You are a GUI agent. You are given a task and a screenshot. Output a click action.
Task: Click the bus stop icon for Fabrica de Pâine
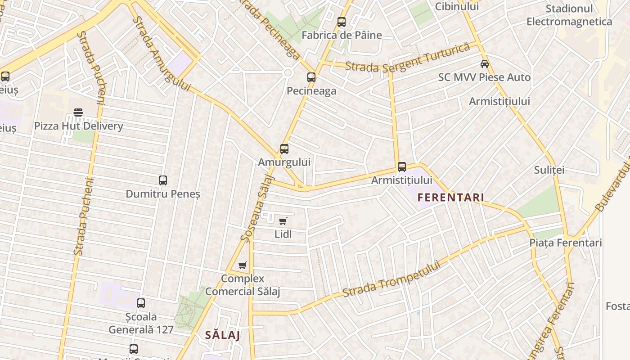click(x=342, y=22)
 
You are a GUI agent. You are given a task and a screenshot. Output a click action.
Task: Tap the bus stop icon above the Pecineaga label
click(x=311, y=77)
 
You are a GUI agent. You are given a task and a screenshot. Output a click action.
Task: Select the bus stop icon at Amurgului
click(x=284, y=148)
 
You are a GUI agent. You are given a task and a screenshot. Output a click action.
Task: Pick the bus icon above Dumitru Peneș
click(x=163, y=180)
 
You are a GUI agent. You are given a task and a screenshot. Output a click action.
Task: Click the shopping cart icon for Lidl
click(x=283, y=220)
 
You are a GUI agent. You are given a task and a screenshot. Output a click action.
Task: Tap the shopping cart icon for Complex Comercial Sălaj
click(x=243, y=265)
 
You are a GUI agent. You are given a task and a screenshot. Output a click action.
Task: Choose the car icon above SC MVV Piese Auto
click(x=485, y=63)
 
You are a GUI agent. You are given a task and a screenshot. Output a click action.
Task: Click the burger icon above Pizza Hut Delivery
click(x=78, y=112)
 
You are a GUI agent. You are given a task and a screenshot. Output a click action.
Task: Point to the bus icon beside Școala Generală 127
click(x=141, y=303)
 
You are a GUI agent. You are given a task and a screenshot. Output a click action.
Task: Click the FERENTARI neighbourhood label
click(x=450, y=198)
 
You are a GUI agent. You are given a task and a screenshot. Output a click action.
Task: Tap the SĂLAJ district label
click(x=222, y=335)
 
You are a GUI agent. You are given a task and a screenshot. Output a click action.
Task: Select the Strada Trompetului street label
click(x=391, y=279)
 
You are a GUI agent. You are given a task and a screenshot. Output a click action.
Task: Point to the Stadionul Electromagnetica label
click(x=569, y=15)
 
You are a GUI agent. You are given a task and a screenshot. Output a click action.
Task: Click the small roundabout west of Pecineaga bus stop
click(x=288, y=72)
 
